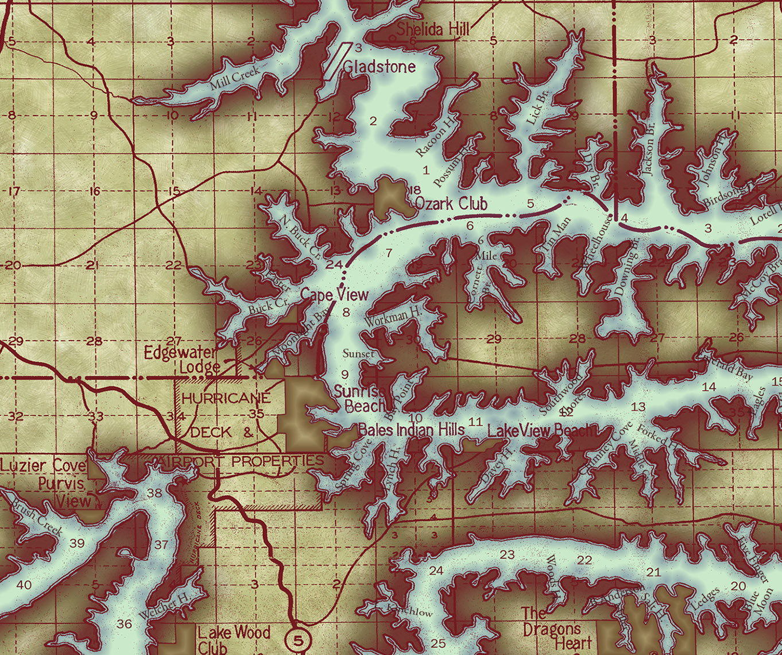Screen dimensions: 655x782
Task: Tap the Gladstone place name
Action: (x=379, y=67)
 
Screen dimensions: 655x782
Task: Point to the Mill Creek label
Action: (x=234, y=77)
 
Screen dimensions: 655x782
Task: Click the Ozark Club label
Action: (x=451, y=203)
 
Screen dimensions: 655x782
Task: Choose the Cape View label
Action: (x=335, y=295)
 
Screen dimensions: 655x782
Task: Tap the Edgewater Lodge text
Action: (x=181, y=360)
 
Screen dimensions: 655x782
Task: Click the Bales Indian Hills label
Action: (x=411, y=429)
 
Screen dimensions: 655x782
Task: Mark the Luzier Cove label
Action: (x=43, y=465)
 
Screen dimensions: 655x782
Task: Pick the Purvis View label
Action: (x=65, y=492)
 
